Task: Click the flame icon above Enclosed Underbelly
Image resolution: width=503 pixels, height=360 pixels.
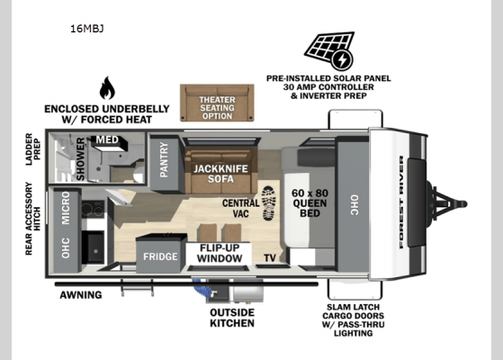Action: (x=107, y=88)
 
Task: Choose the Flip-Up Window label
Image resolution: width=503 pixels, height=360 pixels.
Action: (x=220, y=253)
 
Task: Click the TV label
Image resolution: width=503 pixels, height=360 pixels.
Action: (x=270, y=258)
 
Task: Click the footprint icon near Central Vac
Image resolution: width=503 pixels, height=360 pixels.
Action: (x=268, y=202)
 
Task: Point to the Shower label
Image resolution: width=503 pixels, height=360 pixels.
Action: (x=81, y=158)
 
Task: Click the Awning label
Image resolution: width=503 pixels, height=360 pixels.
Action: (x=79, y=294)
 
